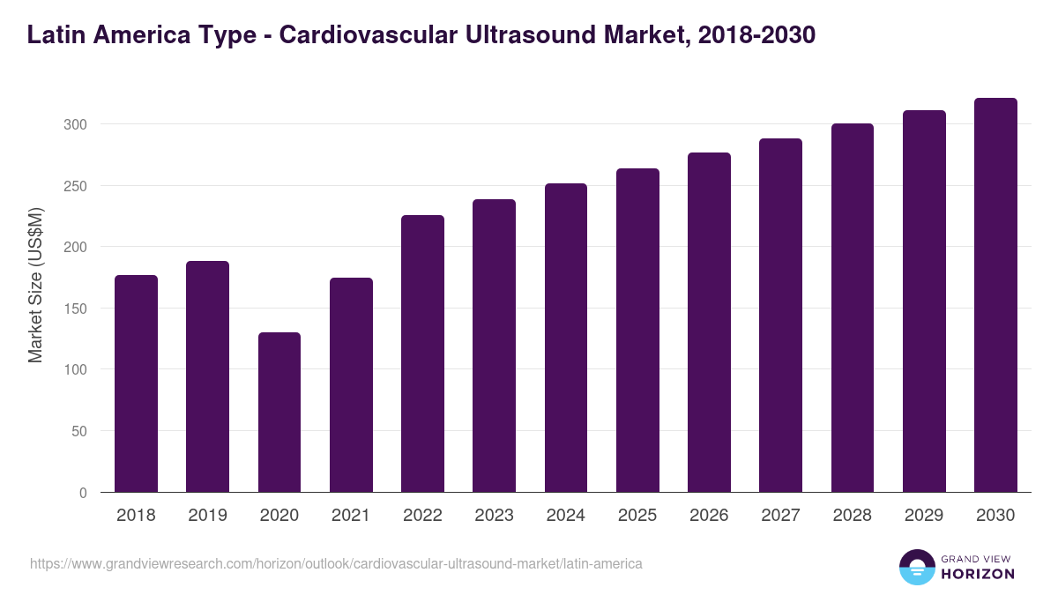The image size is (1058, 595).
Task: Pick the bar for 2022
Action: pyautogui.click(x=422, y=353)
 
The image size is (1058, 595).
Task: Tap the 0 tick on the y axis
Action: pyautogui.click(x=83, y=493)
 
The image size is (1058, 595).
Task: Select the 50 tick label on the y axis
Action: pyautogui.click(x=78, y=431)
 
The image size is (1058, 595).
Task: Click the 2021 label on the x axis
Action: pyautogui.click(x=351, y=516)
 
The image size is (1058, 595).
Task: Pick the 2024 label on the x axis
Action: pyautogui.click(x=565, y=516)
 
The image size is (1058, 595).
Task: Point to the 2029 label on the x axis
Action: pyautogui.click(x=924, y=516)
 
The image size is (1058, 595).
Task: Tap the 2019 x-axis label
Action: pyautogui.click(x=207, y=516)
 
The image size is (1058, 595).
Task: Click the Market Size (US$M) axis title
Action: pyautogui.click(x=35, y=284)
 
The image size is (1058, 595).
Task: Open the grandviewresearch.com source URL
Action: pyautogui.click(x=336, y=563)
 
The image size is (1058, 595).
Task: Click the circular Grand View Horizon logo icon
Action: pyautogui.click(x=917, y=567)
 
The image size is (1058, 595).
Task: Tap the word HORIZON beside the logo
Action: pyautogui.click(x=978, y=574)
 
